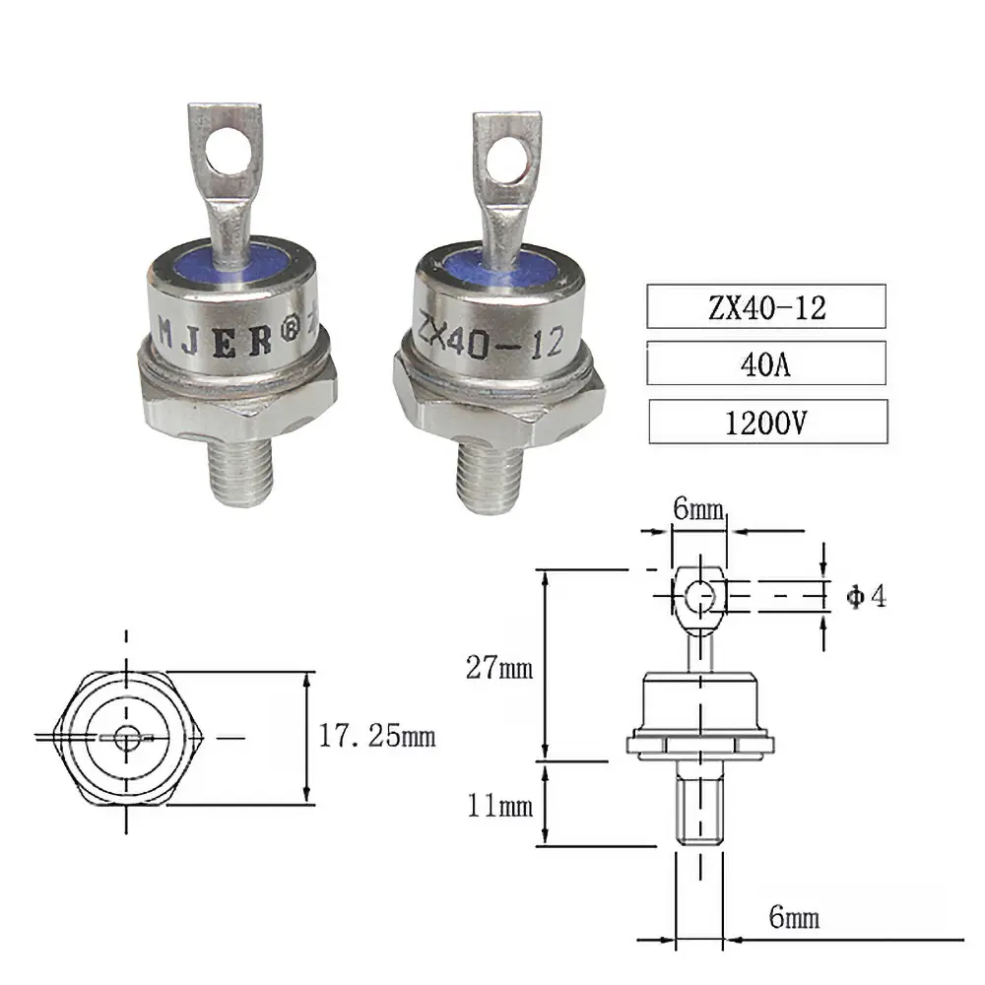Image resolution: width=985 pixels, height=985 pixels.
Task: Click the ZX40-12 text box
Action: point(766,306)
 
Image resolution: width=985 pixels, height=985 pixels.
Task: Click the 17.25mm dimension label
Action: point(375,736)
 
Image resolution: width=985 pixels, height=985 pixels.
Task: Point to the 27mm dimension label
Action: point(499,669)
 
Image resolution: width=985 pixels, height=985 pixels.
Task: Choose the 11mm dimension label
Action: point(499,808)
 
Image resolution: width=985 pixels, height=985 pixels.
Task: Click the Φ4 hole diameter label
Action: point(867,597)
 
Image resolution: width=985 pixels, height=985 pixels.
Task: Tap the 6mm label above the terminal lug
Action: point(698,511)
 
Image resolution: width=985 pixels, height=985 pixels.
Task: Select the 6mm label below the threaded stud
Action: point(793,919)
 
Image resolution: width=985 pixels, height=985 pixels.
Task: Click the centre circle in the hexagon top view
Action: point(125,737)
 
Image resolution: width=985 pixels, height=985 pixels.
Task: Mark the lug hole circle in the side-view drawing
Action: point(698,597)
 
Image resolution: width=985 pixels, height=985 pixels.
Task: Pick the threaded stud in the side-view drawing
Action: point(699,808)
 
